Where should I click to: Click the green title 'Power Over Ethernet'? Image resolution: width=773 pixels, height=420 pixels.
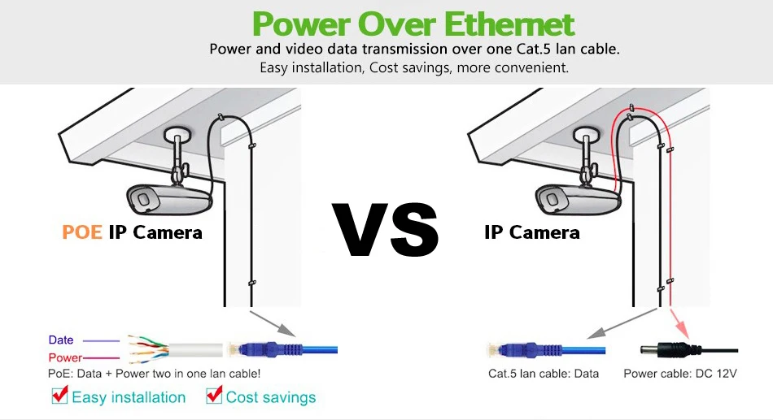tap(413, 24)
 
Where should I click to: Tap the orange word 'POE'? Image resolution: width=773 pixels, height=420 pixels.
tap(82, 232)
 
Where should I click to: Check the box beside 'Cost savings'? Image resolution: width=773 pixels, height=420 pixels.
tap(214, 396)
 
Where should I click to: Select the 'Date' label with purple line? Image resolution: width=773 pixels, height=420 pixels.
tap(61, 340)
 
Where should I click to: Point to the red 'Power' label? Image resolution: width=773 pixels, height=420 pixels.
tap(65, 357)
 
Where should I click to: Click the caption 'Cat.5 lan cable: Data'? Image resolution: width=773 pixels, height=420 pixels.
tap(544, 374)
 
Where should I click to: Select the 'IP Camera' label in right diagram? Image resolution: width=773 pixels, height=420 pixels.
tap(532, 232)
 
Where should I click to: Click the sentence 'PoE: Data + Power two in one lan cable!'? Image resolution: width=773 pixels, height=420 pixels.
tap(155, 374)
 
